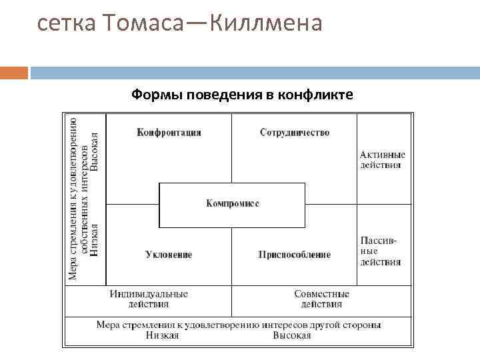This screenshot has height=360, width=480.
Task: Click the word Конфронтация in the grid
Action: [x=169, y=133]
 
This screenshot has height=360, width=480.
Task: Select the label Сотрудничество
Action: [x=295, y=133]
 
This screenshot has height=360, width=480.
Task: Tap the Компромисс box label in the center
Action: [x=232, y=203]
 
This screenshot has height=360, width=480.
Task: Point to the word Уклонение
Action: [x=169, y=254]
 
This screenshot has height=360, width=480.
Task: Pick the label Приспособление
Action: [x=294, y=254]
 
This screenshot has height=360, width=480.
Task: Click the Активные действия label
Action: [x=382, y=160]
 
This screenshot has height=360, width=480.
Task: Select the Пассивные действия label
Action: [x=381, y=251]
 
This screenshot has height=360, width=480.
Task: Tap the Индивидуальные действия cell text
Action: [x=149, y=299]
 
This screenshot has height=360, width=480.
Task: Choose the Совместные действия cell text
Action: [x=321, y=299]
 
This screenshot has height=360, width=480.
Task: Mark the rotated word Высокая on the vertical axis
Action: [x=95, y=151]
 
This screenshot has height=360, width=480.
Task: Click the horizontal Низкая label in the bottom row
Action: [x=162, y=335]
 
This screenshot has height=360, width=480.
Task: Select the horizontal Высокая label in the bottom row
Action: [x=291, y=335]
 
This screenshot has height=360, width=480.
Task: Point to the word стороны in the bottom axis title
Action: [x=363, y=325]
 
